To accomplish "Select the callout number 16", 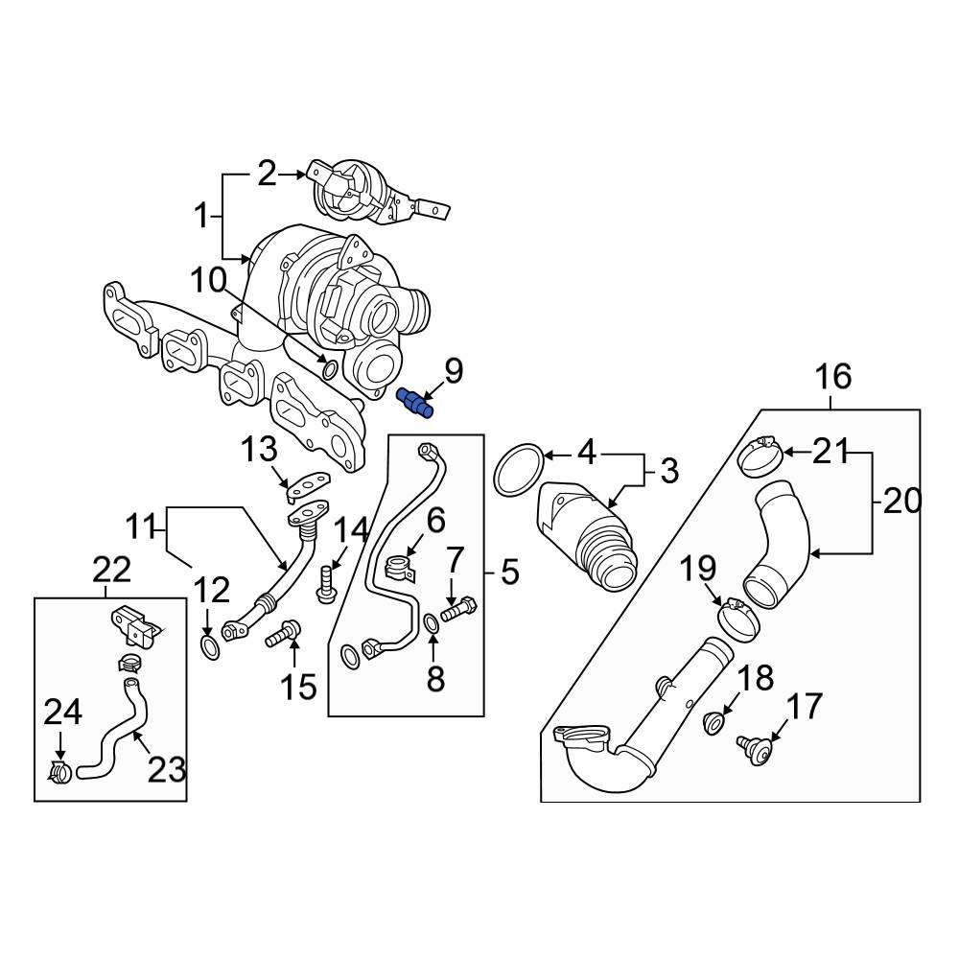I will pyautogui.click(x=833, y=377).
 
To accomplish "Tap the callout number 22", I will pyautogui.click(x=111, y=570).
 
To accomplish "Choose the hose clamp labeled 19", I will pyautogui.click(x=737, y=618).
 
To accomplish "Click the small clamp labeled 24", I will pyautogui.click(x=60, y=770).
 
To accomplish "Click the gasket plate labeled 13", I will pyautogui.click(x=306, y=483).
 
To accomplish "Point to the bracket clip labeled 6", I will pyautogui.click(x=402, y=566).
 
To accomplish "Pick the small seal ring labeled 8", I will pyautogui.click(x=433, y=625).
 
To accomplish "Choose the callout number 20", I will pyautogui.click(x=901, y=500).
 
